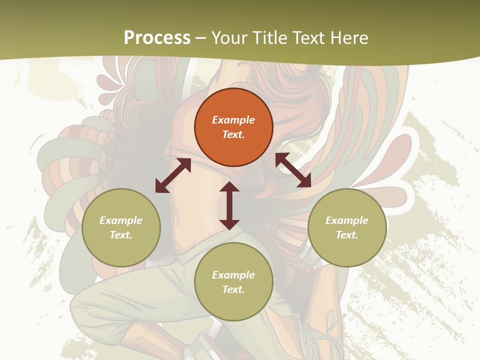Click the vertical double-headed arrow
[x=229, y=205]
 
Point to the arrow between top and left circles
[x=173, y=175]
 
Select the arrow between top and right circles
[x=293, y=170]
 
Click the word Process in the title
[x=157, y=38]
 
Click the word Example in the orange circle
[x=233, y=120]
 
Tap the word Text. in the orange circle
[x=233, y=134]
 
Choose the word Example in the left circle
[x=121, y=220]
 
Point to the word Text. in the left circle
[x=121, y=235]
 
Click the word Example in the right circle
[x=347, y=220]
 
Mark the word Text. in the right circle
[x=347, y=235]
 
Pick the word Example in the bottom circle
[x=233, y=275]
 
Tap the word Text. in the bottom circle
[x=233, y=289]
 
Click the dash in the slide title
[x=201, y=38]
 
